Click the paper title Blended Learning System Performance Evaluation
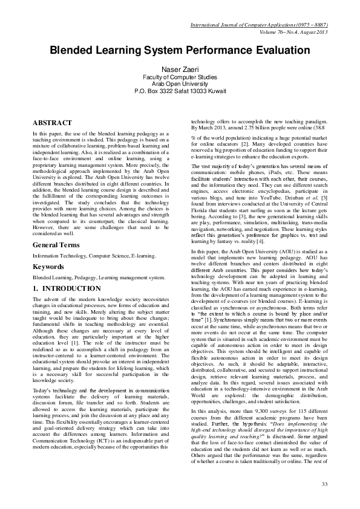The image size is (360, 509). pyautogui.click(x=180, y=51)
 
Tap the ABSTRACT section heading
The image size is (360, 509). pyautogui.click(x=52, y=122)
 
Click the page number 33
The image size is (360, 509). pyautogui.click(x=324, y=484)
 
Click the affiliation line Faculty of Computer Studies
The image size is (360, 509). pyautogui.click(x=180, y=79)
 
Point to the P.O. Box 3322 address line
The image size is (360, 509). pyautogui.click(x=180, y=91)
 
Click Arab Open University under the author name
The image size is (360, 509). pyautogui.click(x=180, y=85)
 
